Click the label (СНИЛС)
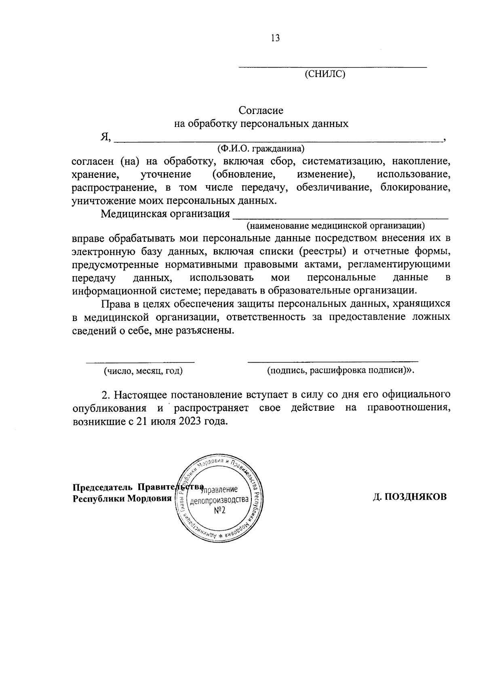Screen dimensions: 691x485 325,74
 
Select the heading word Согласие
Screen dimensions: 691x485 261,110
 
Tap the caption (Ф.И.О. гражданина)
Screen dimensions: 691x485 261,148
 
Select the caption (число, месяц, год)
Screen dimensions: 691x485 143,370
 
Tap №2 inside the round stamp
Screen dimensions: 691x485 219,510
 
